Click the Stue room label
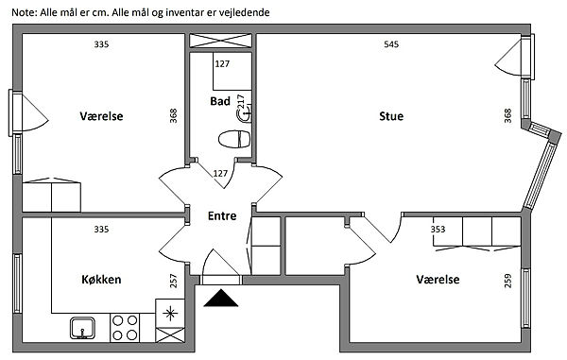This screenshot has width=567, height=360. click(x=391, y=116)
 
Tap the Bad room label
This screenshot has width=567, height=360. click(x=220, y=101)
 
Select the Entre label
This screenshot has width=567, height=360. click(x=222, y=215)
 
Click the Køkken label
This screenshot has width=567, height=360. click(x=101, y=279)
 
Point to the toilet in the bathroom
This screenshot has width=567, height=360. click(x=234, y=139)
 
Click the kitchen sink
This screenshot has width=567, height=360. click(x=82, y=328)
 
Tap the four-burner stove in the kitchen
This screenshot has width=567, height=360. click(x=125, y=328)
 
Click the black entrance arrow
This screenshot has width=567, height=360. click(x=220, y=299)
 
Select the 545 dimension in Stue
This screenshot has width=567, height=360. click(x=391, y=44)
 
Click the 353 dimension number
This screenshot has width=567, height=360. click(x=438, y=230)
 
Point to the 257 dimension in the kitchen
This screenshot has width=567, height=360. click(x=174, y=281)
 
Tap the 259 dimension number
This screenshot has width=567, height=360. click(x=507, y=281)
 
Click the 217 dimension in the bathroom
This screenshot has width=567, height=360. click(x=240, y=101)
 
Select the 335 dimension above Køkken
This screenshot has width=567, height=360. click(x=101, y=230)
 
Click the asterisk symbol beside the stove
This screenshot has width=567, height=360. click(x=169, y=313)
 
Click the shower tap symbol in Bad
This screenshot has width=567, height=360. click(x=245, y=115)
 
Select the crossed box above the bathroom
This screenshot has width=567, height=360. click(x=220, y=41)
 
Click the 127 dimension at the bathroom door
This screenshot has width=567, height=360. click(x=220, y=174)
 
